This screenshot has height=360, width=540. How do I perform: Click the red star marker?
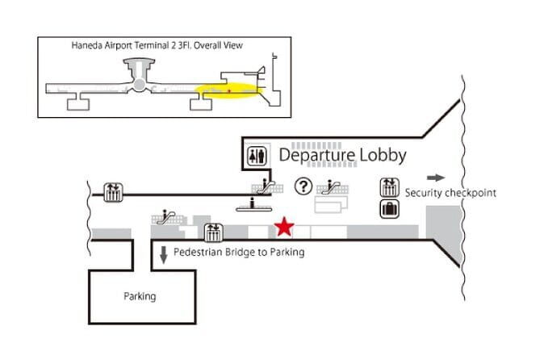[x=284, y=228]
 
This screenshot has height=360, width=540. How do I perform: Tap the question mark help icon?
[x=303, y=186]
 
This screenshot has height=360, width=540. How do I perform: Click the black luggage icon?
[x=390, y=210]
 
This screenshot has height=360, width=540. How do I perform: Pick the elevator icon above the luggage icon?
[x=390, y=187]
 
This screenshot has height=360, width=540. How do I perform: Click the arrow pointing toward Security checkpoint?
[x=435, y=178]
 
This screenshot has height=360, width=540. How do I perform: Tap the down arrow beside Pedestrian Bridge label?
[x=163, y=254]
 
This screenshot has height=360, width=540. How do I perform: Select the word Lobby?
[x=383, y=155]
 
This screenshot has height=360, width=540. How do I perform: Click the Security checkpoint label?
[x=450, y=193]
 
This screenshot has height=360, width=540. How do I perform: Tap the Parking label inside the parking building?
[x=140, y=296]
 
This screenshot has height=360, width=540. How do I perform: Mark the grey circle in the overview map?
[x=140, y=84]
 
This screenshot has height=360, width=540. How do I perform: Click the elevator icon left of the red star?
[x=214, y=232]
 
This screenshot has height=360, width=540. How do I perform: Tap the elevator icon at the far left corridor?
[x=112, y=192]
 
